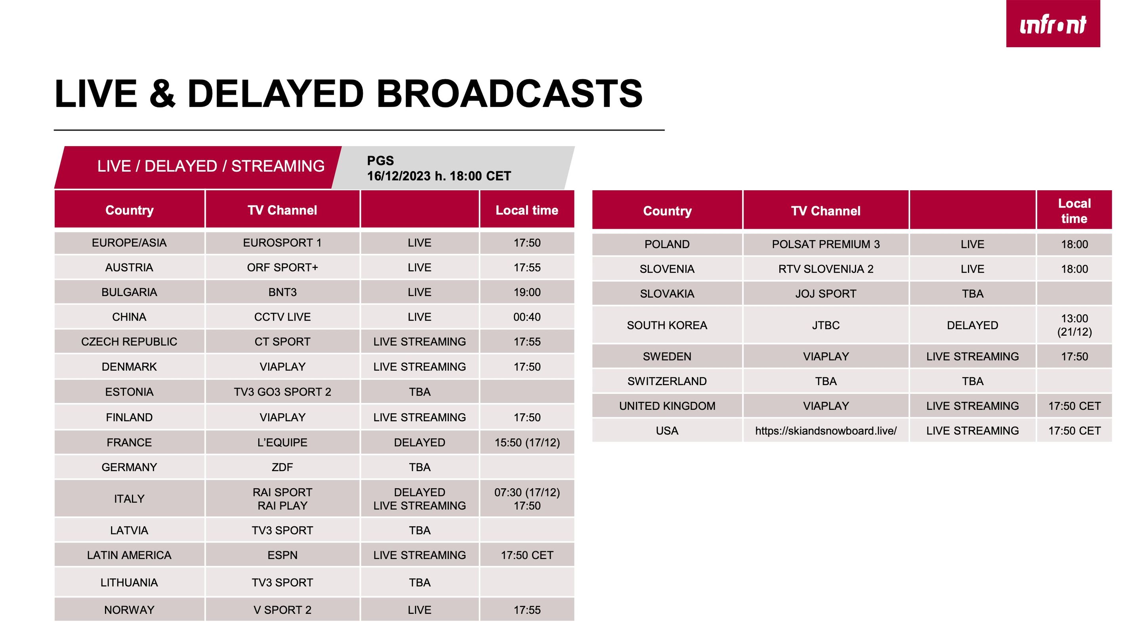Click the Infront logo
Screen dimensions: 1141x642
1053,23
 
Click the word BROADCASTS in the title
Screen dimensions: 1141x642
509,94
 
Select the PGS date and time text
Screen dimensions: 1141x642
439,168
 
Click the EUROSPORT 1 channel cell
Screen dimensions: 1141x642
282,243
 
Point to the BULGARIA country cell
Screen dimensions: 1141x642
129,292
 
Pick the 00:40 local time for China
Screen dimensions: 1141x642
527,317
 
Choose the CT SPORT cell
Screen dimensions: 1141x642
282,342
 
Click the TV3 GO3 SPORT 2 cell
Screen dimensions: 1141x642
282,392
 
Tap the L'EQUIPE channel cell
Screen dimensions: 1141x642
282,443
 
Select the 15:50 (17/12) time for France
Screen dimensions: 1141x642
527,443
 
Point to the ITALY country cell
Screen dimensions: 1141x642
129,499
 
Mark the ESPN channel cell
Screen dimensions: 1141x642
282,556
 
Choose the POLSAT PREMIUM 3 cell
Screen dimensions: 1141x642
826,245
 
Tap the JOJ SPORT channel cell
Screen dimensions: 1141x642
826,294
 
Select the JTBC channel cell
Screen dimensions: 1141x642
826,325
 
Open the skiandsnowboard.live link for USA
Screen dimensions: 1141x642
826,431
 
